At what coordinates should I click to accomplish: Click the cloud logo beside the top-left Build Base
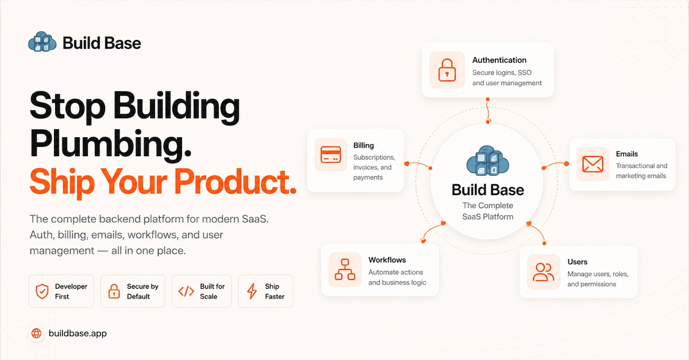[x=42, y=41]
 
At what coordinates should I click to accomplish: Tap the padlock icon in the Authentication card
[x=447, y=70]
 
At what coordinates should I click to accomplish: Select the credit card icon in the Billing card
[x=331, y=154]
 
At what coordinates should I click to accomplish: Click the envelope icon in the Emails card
[x=593, y=164]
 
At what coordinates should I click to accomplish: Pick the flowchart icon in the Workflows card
[x=345, y=269]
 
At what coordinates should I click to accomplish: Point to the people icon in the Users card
[x=544, y=272]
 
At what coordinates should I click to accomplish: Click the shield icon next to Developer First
[x=42, y=291]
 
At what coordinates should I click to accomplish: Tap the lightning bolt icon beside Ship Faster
[x=252, y=291]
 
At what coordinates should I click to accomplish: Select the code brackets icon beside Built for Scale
[x=186, y=291]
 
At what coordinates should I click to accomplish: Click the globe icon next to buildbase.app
[x=37, y=333]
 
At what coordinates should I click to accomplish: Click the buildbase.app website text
[x=78, y=333]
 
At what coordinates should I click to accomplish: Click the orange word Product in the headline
[x=236, y=181]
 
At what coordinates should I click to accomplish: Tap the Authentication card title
[x=499, y=60]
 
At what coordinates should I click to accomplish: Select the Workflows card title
[x=387, y=260]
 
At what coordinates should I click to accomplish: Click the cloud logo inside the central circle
[x=488, y=161]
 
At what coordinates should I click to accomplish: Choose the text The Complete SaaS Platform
[x=488, y=211]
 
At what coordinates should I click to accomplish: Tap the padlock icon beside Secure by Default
[x=114, y=291]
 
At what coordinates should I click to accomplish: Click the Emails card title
[x=626, y=154]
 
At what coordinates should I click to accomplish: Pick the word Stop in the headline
[x=67, y=106]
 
